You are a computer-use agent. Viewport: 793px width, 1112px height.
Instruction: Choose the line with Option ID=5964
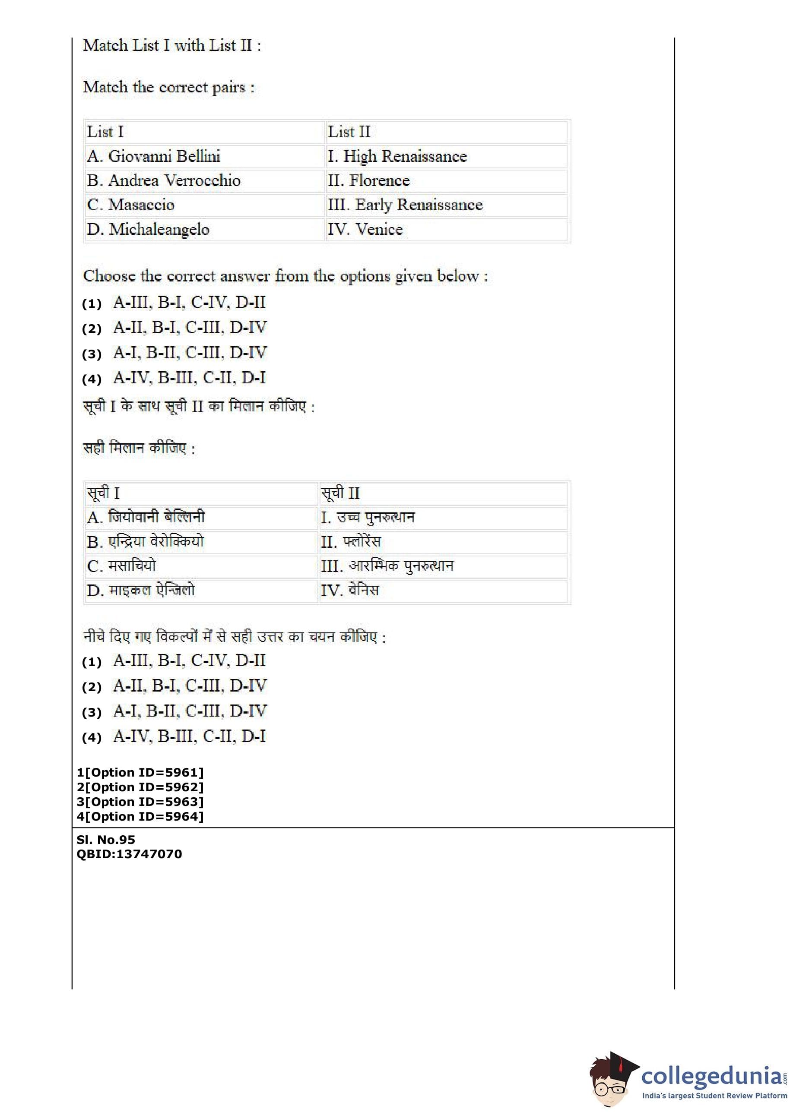[140, 816]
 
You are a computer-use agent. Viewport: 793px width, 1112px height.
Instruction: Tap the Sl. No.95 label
[106, 840]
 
